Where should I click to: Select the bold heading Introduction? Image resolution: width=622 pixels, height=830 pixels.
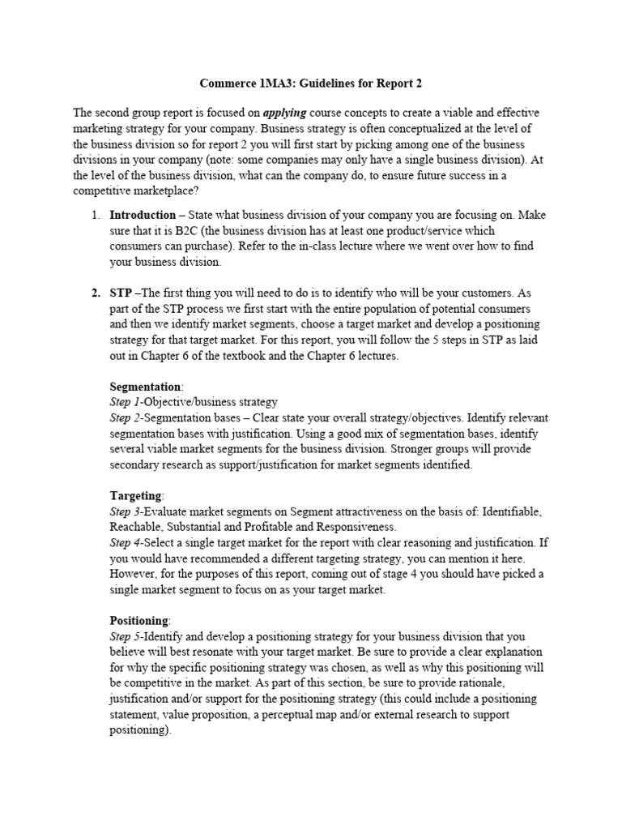tap(143, 215)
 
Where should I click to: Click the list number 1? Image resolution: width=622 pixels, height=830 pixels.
tap(95, 215)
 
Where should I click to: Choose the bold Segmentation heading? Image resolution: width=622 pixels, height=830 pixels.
tap(146, 386)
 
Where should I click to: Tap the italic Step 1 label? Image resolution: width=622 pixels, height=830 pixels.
tap(126, 401)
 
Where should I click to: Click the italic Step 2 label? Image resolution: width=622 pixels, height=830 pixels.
tap(126, 417)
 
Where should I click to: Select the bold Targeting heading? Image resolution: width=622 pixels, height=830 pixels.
tap(136, 495)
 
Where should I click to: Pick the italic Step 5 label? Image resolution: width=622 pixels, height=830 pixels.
tap(126, 636)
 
